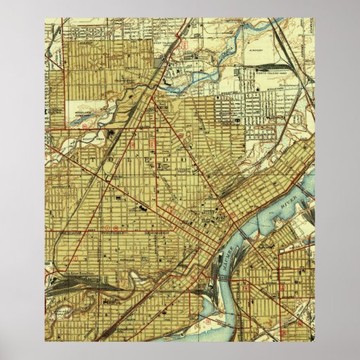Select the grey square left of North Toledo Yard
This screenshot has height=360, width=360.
pos(237,72)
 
